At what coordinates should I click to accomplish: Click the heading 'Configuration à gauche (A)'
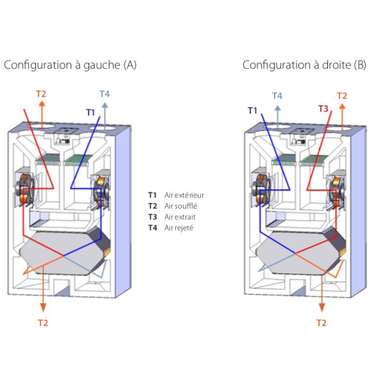[70, 65]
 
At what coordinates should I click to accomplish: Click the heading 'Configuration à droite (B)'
[304, 65]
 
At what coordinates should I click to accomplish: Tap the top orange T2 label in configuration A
[41, 94]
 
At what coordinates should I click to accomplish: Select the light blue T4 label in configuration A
[105, 94]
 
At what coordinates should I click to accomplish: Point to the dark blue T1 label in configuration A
[90, 112]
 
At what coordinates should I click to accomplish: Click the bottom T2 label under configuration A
[43, 323]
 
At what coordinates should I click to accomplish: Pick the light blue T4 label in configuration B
[277, 96]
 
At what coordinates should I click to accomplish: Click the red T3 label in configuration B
[323, 108]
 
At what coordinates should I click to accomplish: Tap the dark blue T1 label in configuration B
[252, 110]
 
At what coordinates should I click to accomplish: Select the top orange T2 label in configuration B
[342, 96]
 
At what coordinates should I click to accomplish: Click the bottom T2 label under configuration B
[321, 323]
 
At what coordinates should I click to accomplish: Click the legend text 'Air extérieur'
[184, 195]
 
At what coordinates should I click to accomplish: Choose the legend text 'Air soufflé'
[180, 206]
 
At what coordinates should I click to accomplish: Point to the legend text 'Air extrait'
[180, 217]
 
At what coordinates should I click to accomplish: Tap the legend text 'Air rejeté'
[179, 228]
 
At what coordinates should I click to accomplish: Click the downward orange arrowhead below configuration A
[43, 307]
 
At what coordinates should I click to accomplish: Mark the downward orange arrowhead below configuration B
[321, 307]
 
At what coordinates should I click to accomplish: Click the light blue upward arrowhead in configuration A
[105, 106]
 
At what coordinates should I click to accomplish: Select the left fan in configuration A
[24, 189]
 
